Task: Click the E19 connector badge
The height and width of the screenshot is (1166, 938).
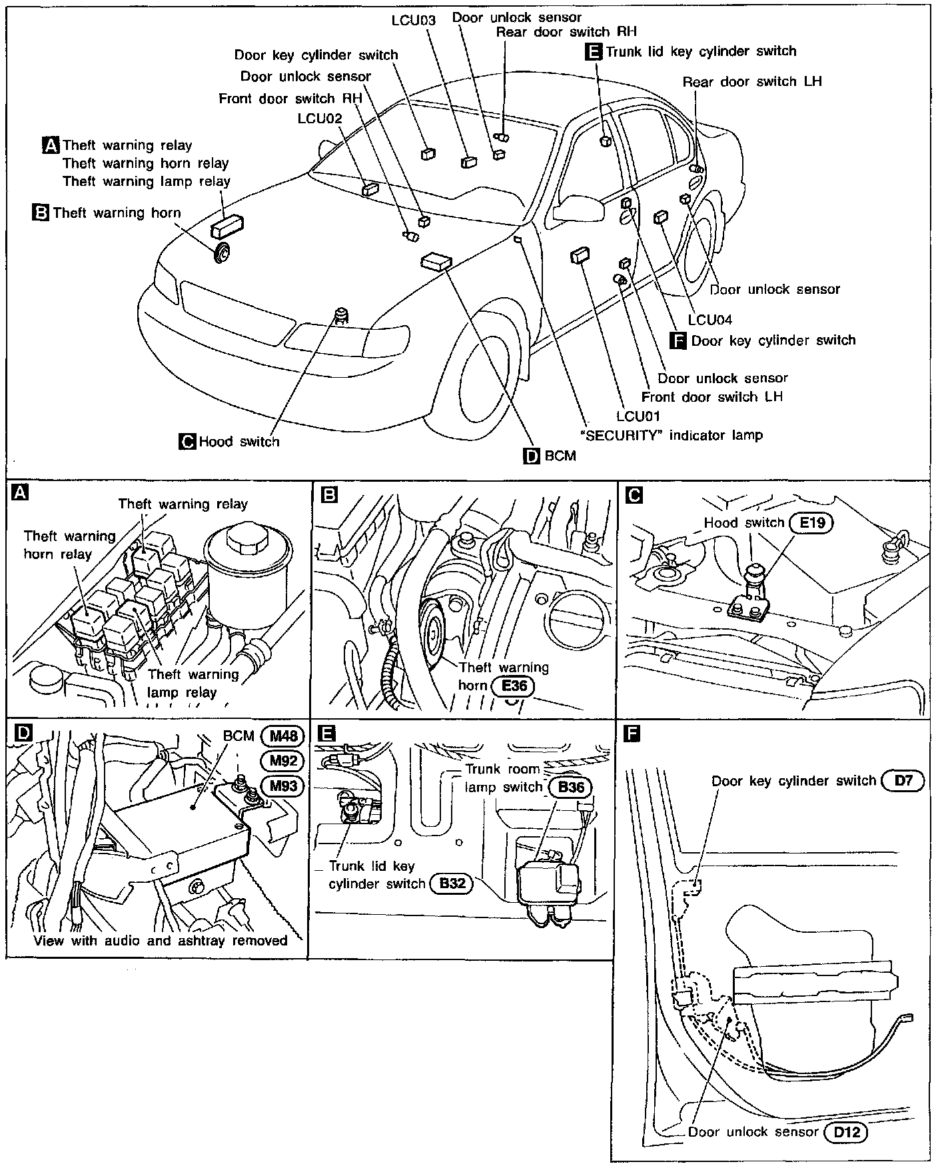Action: pos(812,523)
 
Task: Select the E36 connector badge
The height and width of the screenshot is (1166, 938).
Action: pos(513,685)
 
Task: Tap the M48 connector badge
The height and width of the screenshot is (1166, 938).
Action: pos(282,736)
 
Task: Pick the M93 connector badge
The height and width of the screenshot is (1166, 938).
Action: pos(282,786)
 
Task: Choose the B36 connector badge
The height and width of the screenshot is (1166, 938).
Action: pos(570,787)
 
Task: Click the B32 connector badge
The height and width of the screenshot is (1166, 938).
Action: pos(452,884)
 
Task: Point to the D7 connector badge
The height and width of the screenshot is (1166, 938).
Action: pos(903,780)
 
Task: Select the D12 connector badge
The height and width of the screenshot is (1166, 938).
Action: pos(846,1131)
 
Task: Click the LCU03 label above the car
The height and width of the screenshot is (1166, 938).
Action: pos(413,20)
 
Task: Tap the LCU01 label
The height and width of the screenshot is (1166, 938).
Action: pos(638,416)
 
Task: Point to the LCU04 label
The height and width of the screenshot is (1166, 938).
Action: pos(710,320)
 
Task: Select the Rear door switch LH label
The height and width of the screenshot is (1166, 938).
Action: pos(751,81)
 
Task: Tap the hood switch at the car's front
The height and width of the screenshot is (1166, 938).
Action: pos(342,314)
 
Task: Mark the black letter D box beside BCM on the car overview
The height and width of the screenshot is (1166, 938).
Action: pos(532,456)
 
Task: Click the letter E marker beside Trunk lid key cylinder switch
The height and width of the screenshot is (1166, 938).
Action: pos(593,51)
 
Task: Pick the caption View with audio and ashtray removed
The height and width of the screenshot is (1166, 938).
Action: pos(161,940)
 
